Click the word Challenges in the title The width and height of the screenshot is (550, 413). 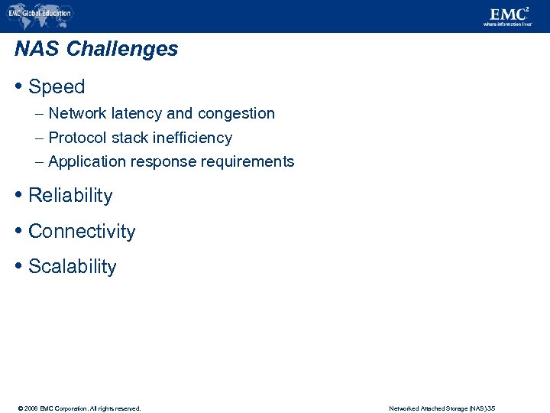(x=122, y=49)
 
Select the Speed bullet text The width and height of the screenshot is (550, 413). (x=57, y=87)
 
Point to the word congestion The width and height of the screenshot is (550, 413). (x=236, y=114)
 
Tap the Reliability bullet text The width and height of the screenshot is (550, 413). (x=70, y=196)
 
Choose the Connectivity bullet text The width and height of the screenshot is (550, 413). (x=82, y=232)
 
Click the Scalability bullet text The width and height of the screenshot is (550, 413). (x=73, y=267)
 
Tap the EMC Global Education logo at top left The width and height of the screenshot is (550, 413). (x=40, y=13)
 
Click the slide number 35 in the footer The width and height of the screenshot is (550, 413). (x=491, y=408)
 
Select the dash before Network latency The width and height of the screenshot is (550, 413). (x=39, y=114)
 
